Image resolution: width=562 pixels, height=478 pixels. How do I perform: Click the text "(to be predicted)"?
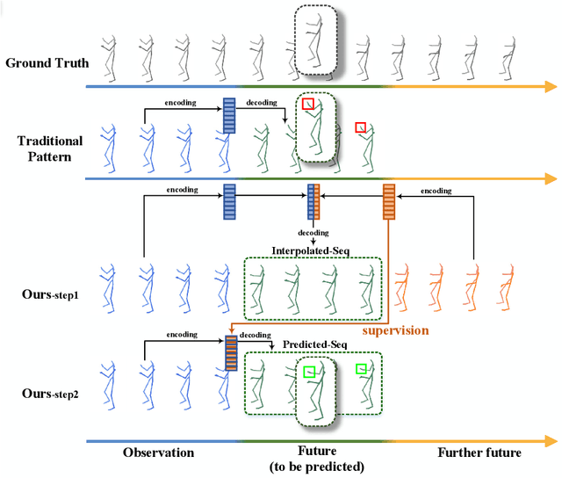(x=313, y=466)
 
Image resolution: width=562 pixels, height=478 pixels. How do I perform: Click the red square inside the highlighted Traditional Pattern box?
(x=307, y=105)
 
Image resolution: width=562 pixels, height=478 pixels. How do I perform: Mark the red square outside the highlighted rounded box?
(x=361, y=127)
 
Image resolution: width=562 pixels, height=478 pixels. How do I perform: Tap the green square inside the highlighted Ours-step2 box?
(x=309, y=372)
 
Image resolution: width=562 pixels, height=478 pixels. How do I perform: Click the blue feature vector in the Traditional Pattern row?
(x=229, y=115)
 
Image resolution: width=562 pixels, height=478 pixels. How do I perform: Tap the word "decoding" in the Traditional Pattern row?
(x=261, y=103)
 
